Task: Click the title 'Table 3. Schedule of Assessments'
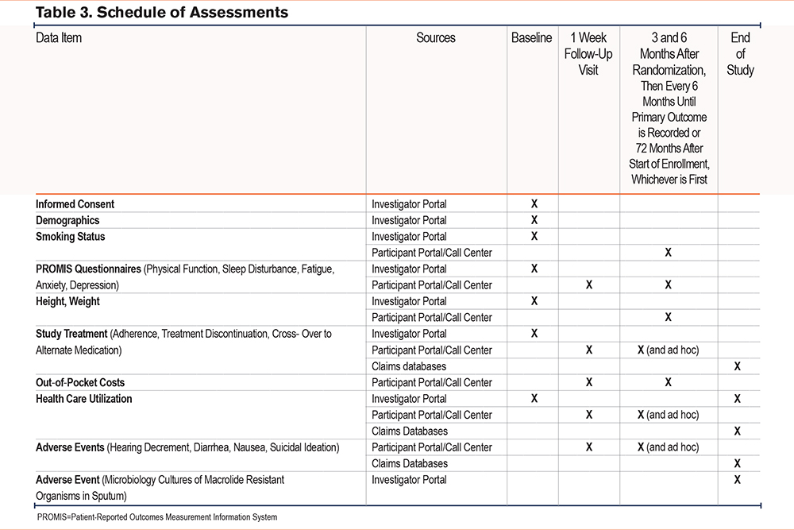pyautogui.click(x=162, y=13)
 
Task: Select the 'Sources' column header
pyautogui.click(x=436, y=38)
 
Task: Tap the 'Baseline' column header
pyautogui.click(x=531, y=38)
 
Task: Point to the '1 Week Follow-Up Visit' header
pyautogui.click(x=588, y=54)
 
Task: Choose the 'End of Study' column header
pyautogui.click(x=740, y=54)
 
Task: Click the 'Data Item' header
pyautogui.click(x=59, y=38)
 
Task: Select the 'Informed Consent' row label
pyautogui.click(x=75, y=204)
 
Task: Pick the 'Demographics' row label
pyautogui.click(x=67, y=220)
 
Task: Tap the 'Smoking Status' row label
pyautogui.click(x=71, y=237)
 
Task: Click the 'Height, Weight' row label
pyautogui.click(x=68, y=301)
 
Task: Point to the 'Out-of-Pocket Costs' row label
pyautogui.click(x=80, y=382)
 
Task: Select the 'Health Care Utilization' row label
pyautogui.click(x=84, y=399)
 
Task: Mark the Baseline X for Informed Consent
pyautogui.click(x=534, y=204)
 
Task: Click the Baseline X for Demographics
pyautogui.click(x=534, y=220)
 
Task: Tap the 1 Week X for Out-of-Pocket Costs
pyautogui.click(x=588, y=382)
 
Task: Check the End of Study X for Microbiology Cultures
pyautogui.click(x=737, y=480)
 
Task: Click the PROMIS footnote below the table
pyautogui.click(x=157, y=517)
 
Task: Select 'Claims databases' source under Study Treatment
pyautogui.click(x=410, y=366)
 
